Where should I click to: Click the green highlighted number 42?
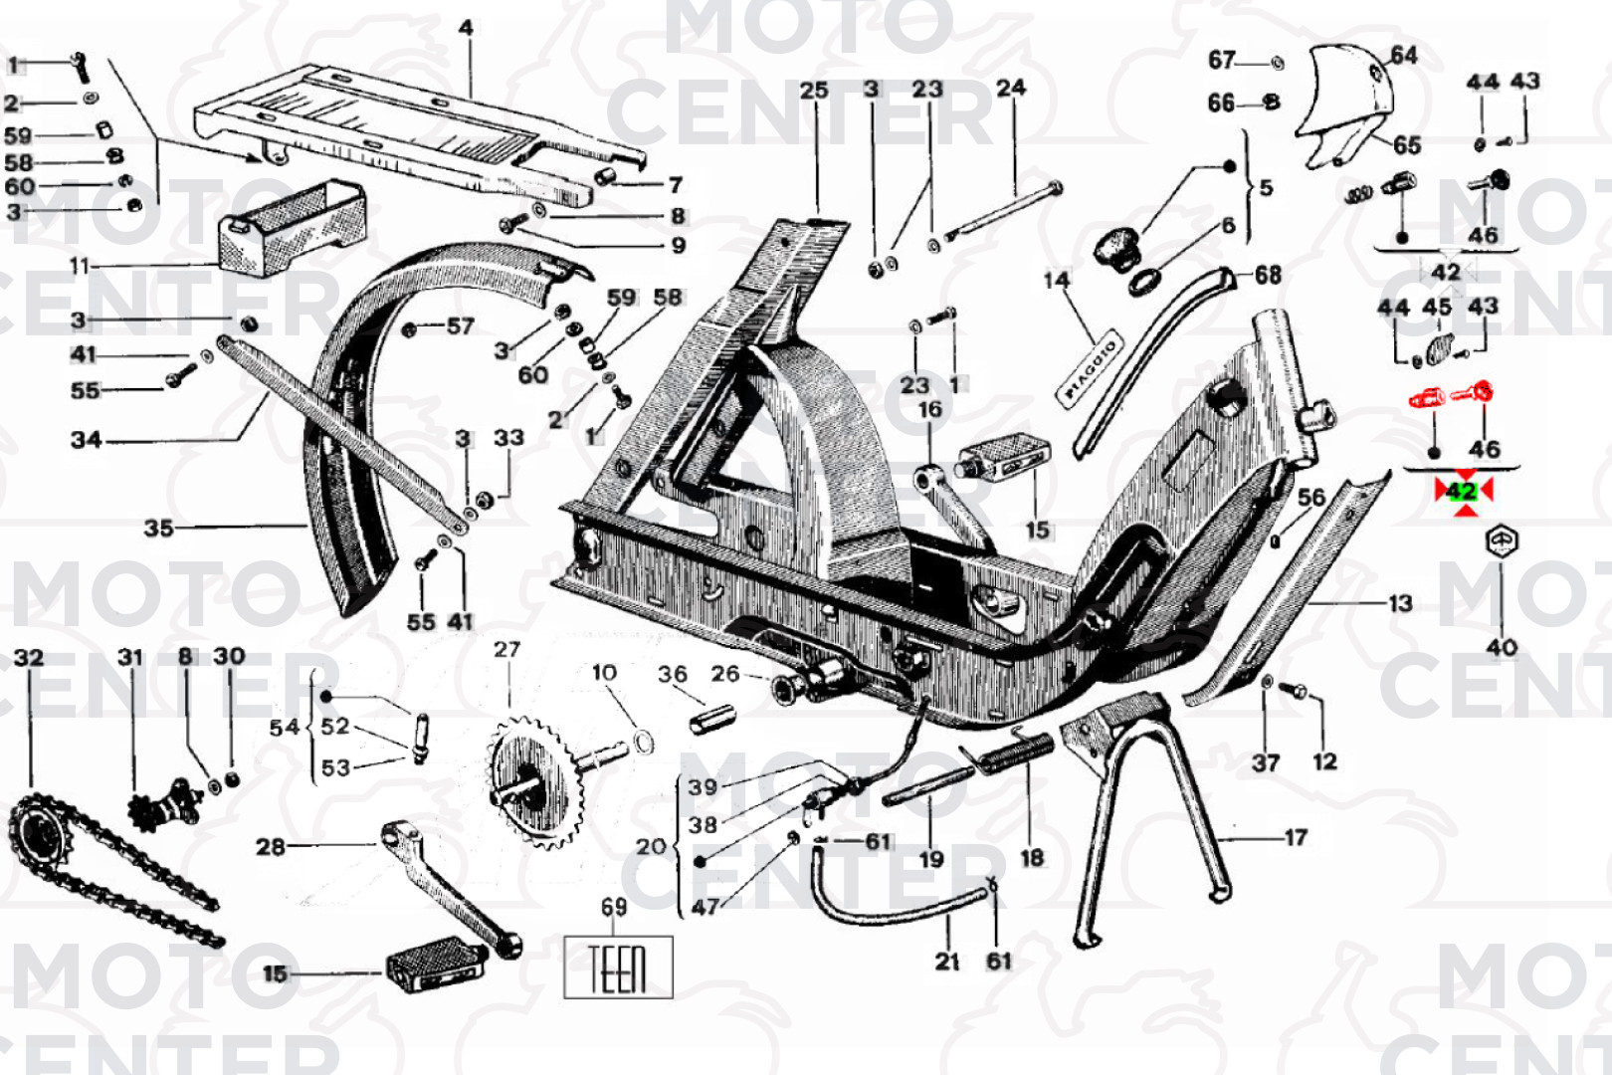pyautogui.click(x=1462, y=491)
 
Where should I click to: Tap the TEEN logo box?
pyautogui.click(x=618, y=967)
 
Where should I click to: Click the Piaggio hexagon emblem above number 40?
pyautogui.click(x=1501, y=543)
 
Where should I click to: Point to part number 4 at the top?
pyautogui.click(x=466, y=28)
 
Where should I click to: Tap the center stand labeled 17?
pyautogui.click(x=1154, y=816)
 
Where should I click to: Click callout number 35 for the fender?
pyautogui.click(x=158, y=528)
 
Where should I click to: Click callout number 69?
pyautogui.click(x=614, y=907)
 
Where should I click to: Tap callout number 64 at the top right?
pyautogui.click(x=1403, y=56)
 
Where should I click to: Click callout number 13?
pyautogui.click(x=1399, y=603)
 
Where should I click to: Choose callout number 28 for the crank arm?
pyautogui.click(x=271, y=847)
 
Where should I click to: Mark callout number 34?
pyautogui.click(x=86, y=439)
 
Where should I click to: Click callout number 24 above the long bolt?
pyautogui.click(x=1010, y=88)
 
